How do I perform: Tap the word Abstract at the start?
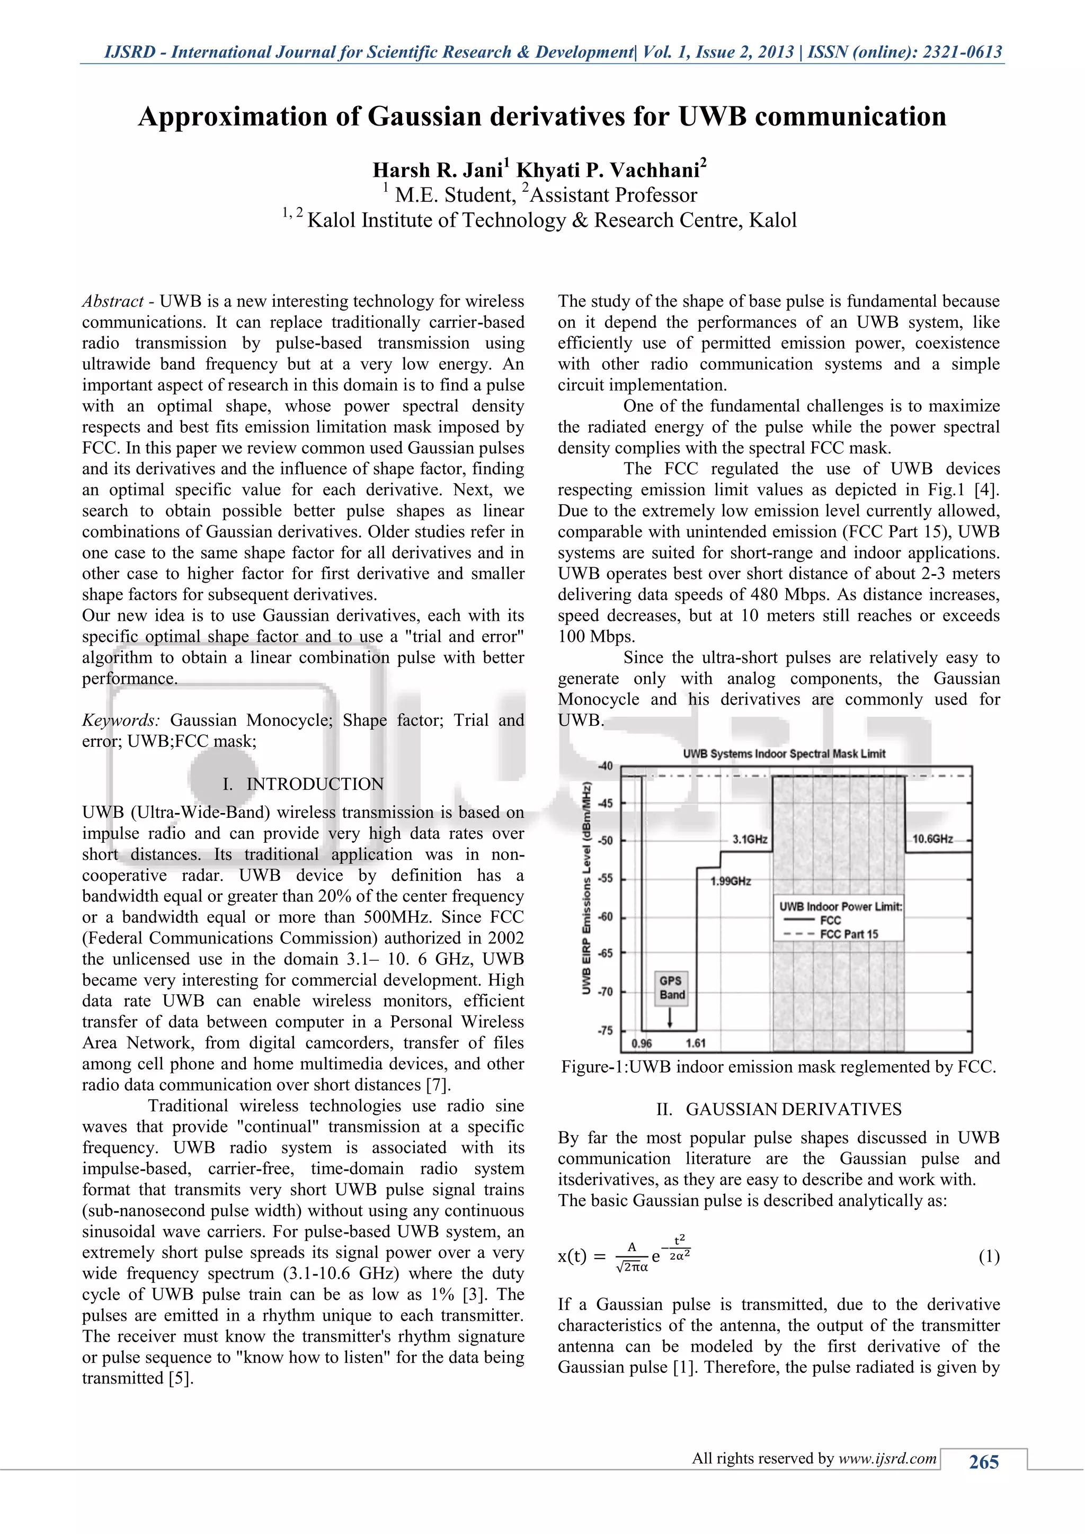coord(112,301)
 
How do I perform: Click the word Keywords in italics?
coord(120,720)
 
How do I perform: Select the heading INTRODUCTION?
coord(315,784)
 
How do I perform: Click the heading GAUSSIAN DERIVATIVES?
coord(793,1109)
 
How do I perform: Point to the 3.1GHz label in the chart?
coord(750,839)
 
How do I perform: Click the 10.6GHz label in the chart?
coord(932,839)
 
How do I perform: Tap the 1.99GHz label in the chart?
coord(730,881)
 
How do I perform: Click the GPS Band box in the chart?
coord(671,987)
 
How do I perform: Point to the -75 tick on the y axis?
coord(604,1030)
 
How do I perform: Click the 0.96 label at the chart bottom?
coord(642,1044)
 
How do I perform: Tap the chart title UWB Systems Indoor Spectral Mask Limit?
coord(784,754)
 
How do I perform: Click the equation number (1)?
coord(989,1257)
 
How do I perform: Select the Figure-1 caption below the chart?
coord(778,1067)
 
